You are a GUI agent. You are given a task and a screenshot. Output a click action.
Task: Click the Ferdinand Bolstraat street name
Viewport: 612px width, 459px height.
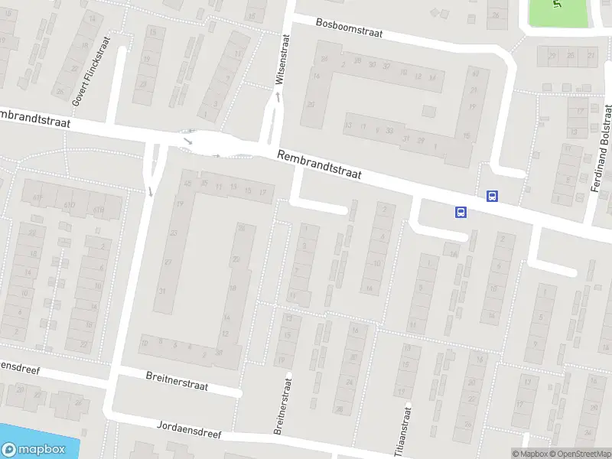point(602,149)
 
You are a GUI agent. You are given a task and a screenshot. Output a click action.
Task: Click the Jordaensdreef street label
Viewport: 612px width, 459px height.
point(189,428)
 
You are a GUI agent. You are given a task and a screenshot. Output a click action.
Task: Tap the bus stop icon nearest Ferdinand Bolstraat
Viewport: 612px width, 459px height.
point(492,196)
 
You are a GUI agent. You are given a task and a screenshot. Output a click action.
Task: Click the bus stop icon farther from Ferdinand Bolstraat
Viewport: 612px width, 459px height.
point(461,213)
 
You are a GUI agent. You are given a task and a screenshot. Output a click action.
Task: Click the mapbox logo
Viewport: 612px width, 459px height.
point(34,450)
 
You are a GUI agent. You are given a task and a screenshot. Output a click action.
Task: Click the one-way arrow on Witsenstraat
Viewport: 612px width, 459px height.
point(278,95)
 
